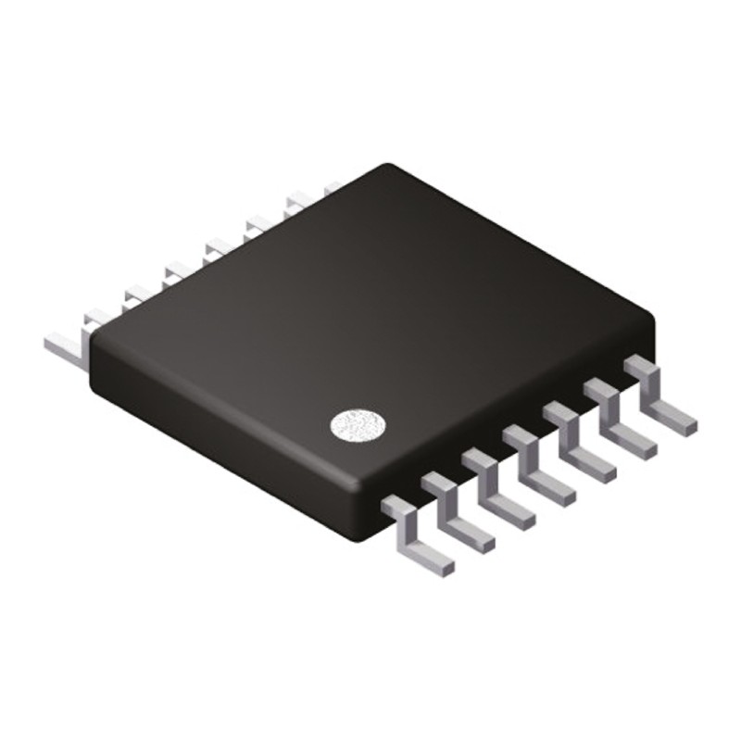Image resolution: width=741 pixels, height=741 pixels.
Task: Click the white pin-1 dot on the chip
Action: (358, 425)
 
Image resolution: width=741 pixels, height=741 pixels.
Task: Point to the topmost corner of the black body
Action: (389, 168)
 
